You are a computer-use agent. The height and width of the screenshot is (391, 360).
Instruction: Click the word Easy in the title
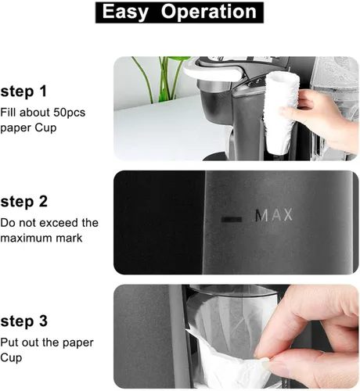tap(125, 13)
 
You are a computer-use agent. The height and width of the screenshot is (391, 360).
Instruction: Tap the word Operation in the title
tap(209, 12)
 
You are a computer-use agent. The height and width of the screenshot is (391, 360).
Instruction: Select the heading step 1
tap(23, 91)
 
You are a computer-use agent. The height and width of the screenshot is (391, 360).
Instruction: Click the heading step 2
tap(23, 202)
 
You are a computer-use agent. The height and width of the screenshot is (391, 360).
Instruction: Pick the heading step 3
tap(23, 321)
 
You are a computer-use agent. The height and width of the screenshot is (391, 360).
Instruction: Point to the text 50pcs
tap(70, 113)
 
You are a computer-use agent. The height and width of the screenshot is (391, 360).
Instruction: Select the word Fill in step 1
tap(7, 113)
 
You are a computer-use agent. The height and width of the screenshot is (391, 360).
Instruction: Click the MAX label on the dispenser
tap(273, 215)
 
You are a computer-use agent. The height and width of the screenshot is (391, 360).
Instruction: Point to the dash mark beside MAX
tap(232, 220)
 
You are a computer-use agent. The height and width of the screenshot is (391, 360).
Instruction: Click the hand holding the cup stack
tap(319, 117)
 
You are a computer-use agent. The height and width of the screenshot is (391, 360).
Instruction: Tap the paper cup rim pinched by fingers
tap(225, 350)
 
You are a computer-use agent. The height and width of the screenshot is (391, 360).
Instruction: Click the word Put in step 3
tap(9, 343)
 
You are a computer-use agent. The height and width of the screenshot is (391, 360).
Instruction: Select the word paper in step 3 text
tap(77, 343)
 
